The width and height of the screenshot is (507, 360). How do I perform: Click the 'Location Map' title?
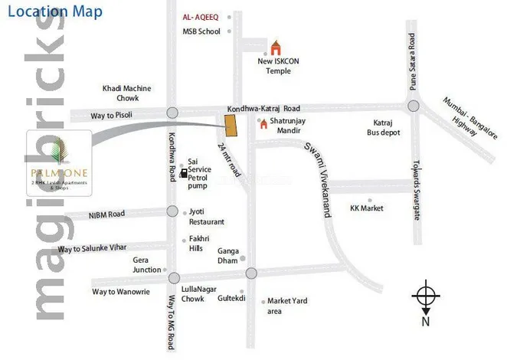(x=54, y=12)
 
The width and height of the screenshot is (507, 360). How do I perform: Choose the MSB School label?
(x=201, y=31)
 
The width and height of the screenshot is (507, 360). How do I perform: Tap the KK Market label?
(x=366, y=208)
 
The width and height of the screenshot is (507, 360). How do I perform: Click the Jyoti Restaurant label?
(x=207, y=217)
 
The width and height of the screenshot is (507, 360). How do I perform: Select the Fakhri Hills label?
(x=201, y=244)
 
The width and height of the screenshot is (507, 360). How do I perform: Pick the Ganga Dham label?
(x=228, y=255)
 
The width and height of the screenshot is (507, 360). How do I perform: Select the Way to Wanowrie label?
(x=123, y=292)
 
